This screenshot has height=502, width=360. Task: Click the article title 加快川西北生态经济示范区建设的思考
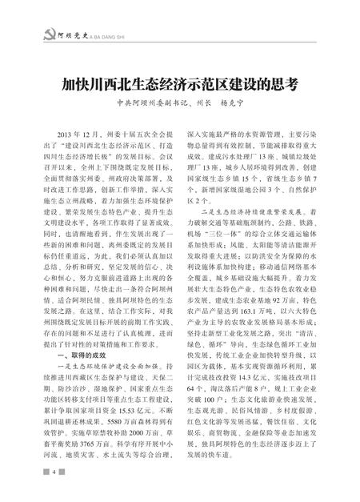tap(180, 85)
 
